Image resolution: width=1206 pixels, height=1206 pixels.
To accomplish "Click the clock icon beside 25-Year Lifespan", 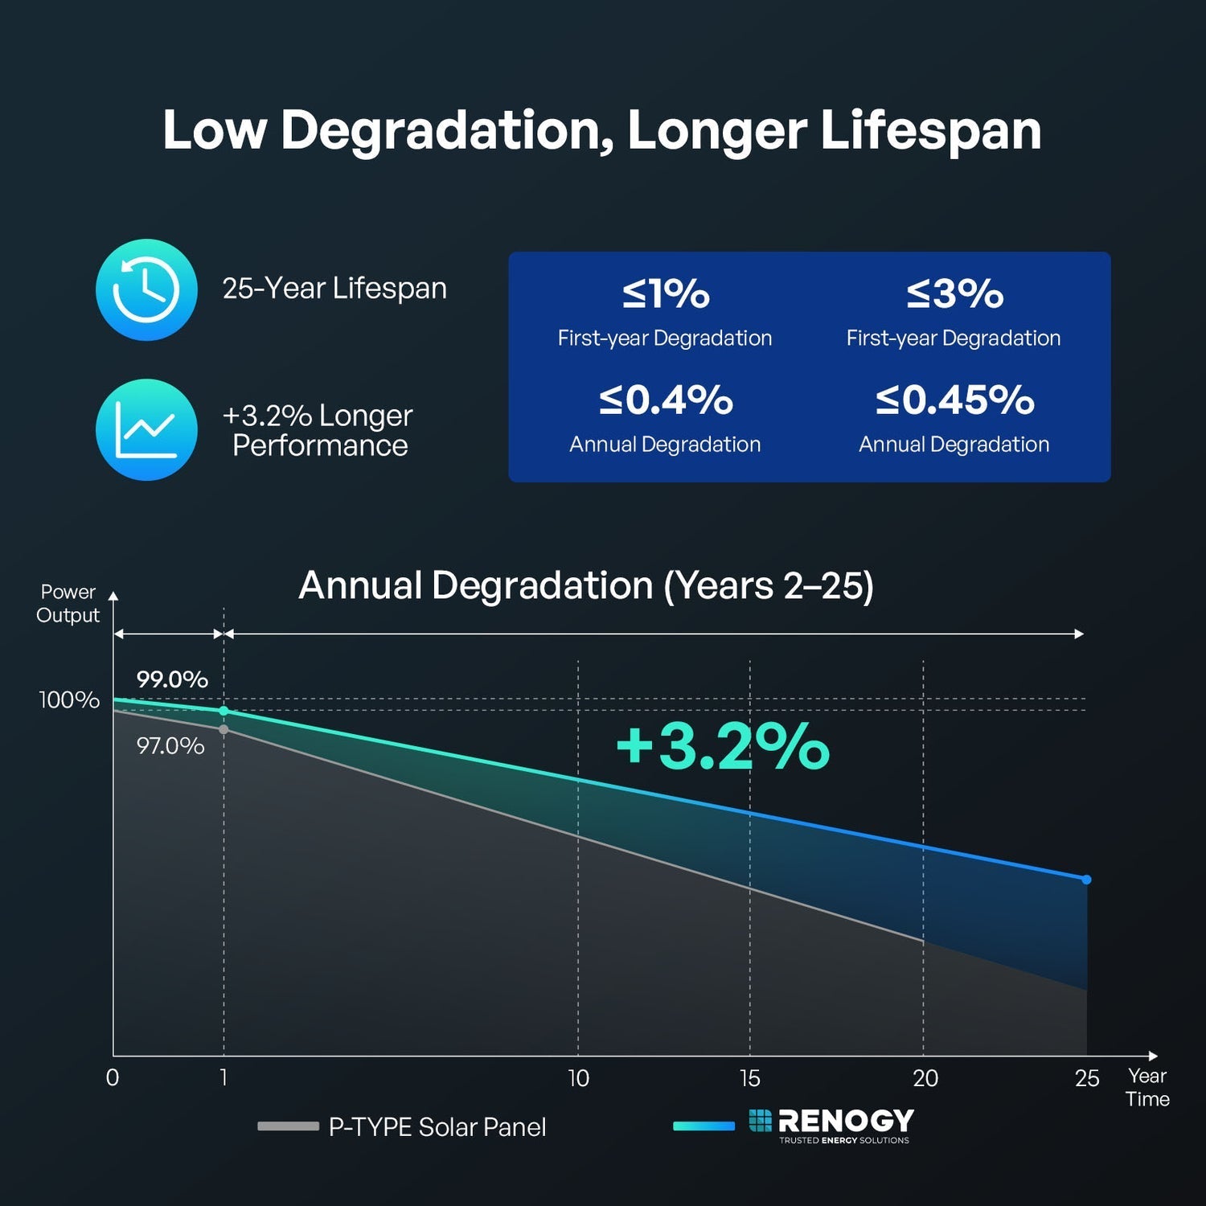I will pos(146,289).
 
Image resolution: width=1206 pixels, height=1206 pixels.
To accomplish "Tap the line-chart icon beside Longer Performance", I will pos(146,429).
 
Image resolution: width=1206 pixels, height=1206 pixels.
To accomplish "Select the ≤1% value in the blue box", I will pos(666,293).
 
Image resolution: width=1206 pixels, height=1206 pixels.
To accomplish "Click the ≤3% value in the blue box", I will pos(954,293).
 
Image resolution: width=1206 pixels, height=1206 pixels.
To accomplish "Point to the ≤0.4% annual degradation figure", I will pos(666,400).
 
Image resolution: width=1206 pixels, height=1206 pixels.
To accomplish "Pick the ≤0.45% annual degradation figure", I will pos(954,400).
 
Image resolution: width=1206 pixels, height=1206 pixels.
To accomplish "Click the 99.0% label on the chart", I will pos(171,679).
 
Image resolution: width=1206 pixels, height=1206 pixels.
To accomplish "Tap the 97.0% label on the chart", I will pos(170,746).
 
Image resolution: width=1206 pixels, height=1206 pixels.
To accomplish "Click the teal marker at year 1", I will pos(224,711).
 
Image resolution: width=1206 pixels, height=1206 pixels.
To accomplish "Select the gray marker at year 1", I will pos(224,730).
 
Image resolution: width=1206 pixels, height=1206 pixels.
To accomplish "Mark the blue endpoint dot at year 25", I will pos(1086,880).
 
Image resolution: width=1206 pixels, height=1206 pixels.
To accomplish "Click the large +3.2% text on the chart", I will pos(722,746).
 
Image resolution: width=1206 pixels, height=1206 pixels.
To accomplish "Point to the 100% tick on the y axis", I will pos(69,699).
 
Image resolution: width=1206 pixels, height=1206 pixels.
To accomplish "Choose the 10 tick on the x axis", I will pos(578,1078).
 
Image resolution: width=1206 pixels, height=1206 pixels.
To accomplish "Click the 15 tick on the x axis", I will pos(749,1078).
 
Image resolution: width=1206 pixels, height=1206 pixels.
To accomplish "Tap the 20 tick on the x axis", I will pos(925,1078).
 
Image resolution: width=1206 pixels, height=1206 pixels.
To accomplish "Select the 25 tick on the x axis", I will pos(1087,1078).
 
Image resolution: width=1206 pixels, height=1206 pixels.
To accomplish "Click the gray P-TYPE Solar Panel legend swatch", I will pos(288,1126).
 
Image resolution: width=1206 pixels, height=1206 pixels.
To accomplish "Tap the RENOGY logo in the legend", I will pos(832,1123).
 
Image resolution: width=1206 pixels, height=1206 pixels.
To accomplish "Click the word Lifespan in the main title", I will pos(930,130).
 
